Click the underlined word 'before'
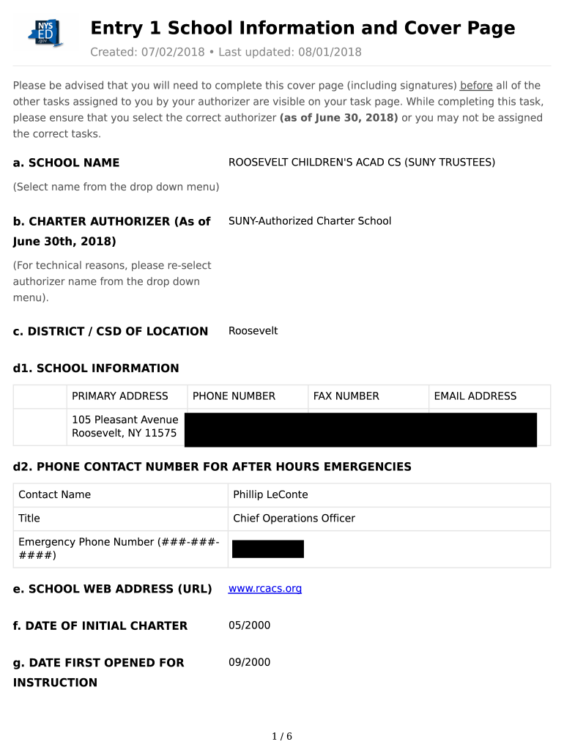pos(476,86)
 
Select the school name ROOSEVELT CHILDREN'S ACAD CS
pos(361,162)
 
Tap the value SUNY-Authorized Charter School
pos(310,220)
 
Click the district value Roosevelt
pos(253,330)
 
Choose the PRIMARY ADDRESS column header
pos(120,396)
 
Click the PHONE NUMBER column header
pos(234,396)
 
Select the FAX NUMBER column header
pos(346,396)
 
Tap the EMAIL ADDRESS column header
pos(475,396)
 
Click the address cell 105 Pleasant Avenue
pos(125,426)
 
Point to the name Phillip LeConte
pos(270,494)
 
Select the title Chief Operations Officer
pos(294,518)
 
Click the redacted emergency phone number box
pos(267,549)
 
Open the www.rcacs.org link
pos(264,588)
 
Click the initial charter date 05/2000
pos(249,625)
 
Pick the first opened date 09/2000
pos(249,661)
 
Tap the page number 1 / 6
pos(282,736)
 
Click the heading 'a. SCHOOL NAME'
pos(66,163)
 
